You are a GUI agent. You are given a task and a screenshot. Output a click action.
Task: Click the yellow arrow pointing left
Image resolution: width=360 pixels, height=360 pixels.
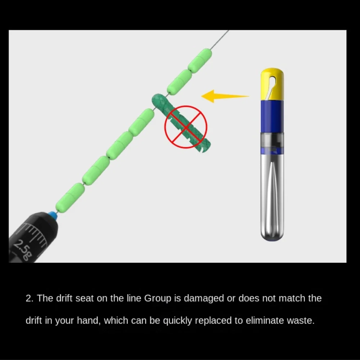225,96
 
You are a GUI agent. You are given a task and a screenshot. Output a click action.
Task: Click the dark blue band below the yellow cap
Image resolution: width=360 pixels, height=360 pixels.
272,116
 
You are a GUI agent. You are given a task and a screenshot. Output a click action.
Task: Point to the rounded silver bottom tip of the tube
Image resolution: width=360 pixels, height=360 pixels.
272,237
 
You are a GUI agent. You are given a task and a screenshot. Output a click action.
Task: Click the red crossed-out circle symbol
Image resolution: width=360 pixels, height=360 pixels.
186,127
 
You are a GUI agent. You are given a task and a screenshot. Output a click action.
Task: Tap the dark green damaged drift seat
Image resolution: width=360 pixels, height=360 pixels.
181,123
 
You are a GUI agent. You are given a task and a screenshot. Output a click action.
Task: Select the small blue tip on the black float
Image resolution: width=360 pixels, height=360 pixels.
53,215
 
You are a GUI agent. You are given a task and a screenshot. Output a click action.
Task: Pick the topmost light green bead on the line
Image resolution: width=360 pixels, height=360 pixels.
200,60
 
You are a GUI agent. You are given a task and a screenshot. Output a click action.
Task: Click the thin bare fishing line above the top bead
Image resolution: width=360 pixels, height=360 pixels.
220,39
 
